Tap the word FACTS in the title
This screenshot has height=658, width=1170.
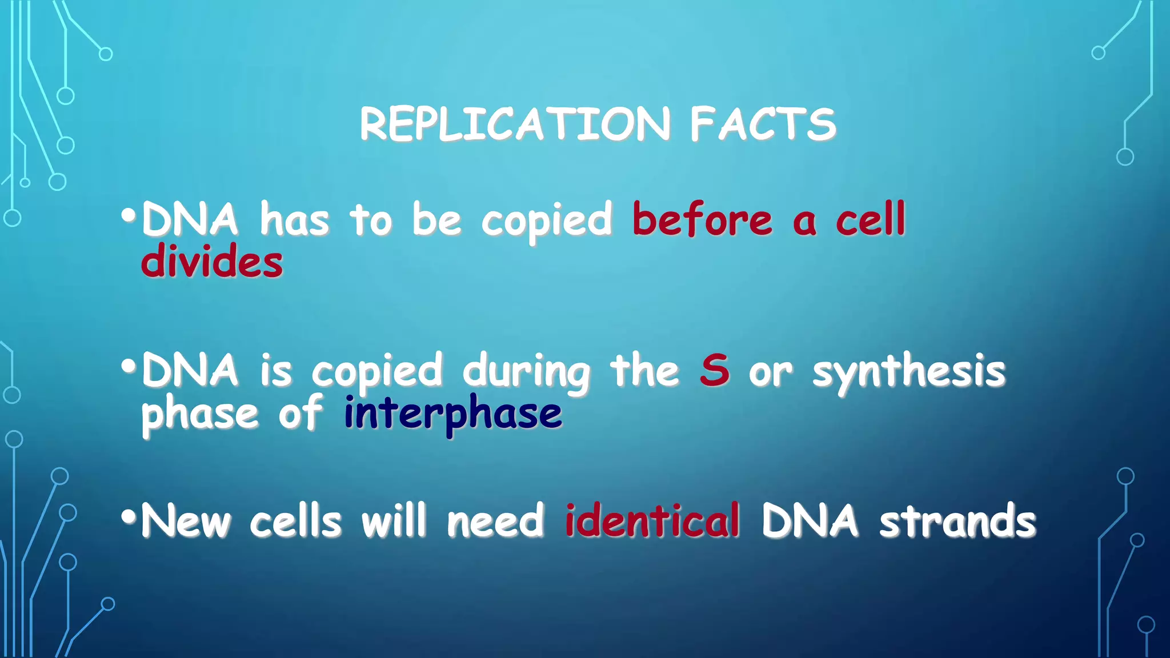tap(763, 124)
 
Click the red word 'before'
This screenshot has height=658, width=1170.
tap(702, 220)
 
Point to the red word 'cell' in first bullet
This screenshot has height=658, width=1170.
tap(871, 220)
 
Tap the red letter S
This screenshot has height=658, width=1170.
tap(715, 371)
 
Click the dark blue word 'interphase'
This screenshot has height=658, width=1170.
tap(453, 414)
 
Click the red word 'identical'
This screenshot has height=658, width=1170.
tap(652, 521)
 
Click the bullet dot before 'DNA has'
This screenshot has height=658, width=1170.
tap(129, 216)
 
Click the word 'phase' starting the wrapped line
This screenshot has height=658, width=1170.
tap(200, 415)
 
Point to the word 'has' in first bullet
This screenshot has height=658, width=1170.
tap(295, 220)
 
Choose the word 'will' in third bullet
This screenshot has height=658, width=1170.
tap(394, 521)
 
